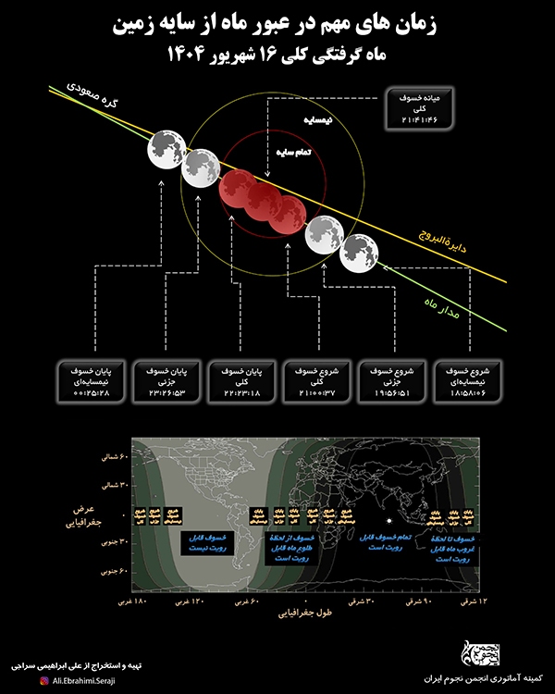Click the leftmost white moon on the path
click(165, 148)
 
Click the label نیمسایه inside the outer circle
click(315, 121)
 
